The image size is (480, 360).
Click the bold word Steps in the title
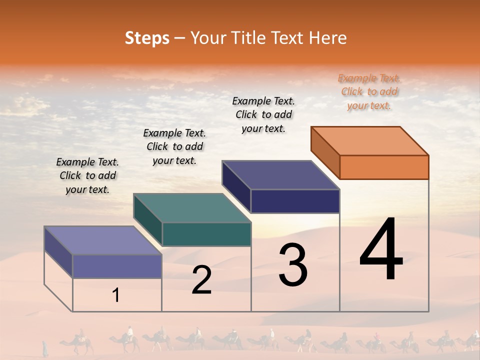point(147,38)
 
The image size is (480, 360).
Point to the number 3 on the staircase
point(293,265)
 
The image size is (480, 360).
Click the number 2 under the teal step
point(202,280)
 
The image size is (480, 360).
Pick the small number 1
point(116,295)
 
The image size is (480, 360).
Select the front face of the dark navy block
point(295,201)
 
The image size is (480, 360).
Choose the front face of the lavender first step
point(117,266)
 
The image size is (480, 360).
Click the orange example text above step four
point(369,92)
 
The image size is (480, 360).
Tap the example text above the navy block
point(263,114)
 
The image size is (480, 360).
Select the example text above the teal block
point(174,146)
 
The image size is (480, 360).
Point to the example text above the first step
point(87,175)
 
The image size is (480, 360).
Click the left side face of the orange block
point(325,152)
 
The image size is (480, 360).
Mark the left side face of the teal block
point(147,219)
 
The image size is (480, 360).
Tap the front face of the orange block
point(384,167)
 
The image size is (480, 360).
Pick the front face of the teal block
point(206,234)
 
